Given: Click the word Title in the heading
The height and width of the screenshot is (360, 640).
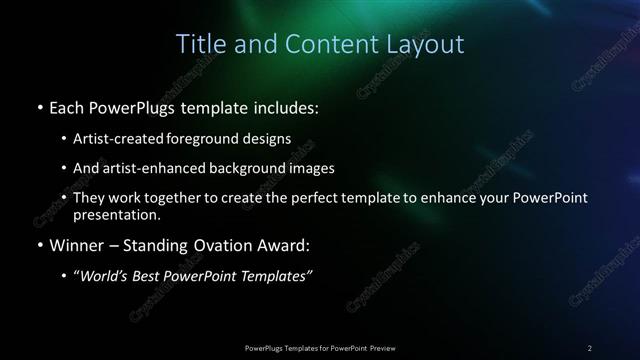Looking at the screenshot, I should (x=199, y=45).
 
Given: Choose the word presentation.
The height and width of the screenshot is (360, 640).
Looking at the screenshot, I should (x=117, y=214).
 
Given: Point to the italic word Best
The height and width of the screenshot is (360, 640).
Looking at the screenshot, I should (x=159, y=276).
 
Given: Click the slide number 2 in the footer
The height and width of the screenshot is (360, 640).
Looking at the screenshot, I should (x=589, y=347).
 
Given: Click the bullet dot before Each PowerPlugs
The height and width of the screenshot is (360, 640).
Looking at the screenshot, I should (x=38, y=106).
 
